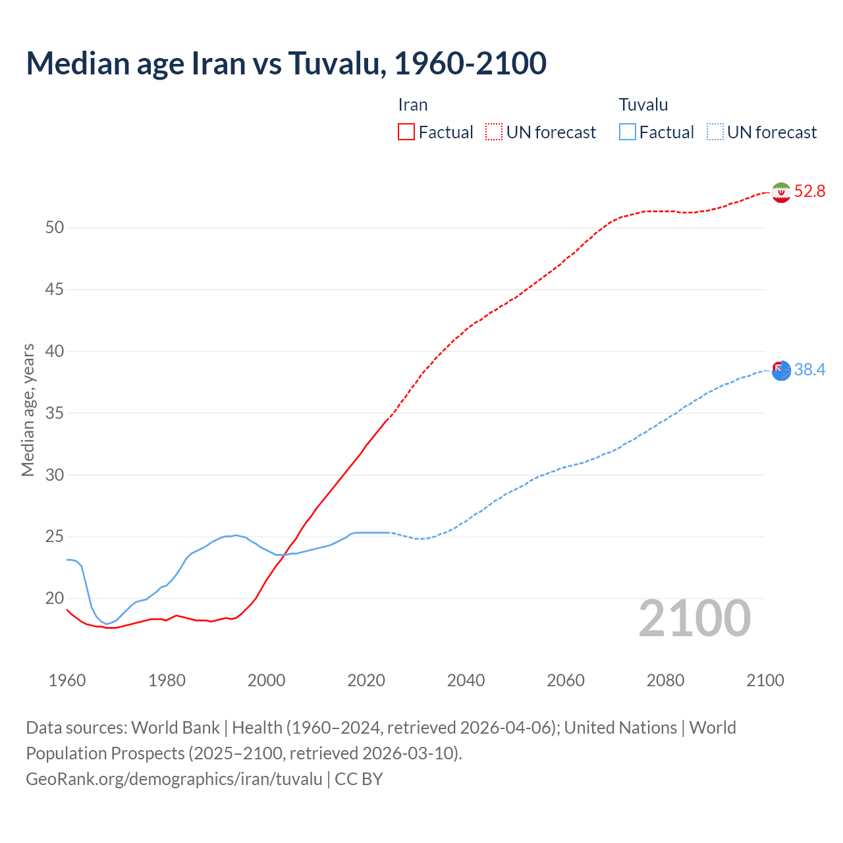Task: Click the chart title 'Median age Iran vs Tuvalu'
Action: coord(286,63)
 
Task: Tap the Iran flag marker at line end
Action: coord(781,192)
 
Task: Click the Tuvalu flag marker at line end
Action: coord(781,371)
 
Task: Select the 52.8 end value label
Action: coord(809,192)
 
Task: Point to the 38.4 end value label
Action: coord(809,370)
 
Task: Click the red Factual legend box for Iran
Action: coord(406,132)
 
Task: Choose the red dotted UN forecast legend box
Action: coord(494,132)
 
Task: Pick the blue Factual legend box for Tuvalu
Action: coord(627,132)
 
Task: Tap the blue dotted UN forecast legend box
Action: coord(715,132)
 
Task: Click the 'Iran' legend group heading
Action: coord(413,105)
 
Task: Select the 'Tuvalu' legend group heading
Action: coord(643,105)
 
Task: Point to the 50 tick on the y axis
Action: coord(55,228)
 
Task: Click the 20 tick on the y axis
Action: coord(55,599)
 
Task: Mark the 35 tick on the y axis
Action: coord(55,414)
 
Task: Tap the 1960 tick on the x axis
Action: coord(67,680)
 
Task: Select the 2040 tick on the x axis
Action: coord(466,680)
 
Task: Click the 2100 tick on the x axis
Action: coord(765,680)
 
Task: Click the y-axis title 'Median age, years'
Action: coord(28,410)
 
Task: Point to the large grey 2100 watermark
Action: coord(695,618)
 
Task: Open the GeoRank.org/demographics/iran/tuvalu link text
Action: coord(175,779)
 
